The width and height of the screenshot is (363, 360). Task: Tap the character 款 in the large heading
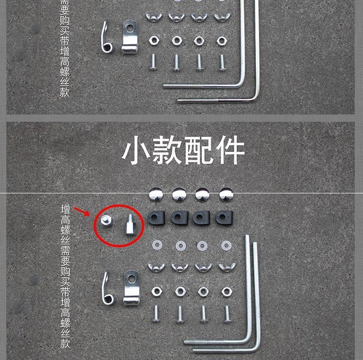point(167,150)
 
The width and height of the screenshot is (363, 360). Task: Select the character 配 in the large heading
point(199,150)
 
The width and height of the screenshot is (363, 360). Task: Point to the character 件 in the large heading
point(230,150)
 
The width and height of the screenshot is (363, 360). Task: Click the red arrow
point(81,211)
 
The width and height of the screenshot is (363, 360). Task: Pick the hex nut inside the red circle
point(107,220)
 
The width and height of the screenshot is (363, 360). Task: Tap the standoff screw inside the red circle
point(130,225)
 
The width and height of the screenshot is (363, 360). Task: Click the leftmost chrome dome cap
point(156,194)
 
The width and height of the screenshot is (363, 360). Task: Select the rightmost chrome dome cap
point(226,194)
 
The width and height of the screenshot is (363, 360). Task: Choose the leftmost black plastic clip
point(156,218)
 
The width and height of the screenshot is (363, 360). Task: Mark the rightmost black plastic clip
point(224,218)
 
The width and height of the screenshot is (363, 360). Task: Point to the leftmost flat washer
point(157,245)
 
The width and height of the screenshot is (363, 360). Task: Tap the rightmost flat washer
point(226,245)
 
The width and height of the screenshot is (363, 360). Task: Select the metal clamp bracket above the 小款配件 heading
point(129,37)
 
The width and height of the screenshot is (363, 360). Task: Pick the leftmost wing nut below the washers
point(157,267)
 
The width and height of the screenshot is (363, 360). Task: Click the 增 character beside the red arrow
point(65,209)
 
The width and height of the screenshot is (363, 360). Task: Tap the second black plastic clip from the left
point(180,218)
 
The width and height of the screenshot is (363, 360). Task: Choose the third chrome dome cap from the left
point(202,194)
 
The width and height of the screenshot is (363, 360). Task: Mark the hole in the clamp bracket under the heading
point(132,278)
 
